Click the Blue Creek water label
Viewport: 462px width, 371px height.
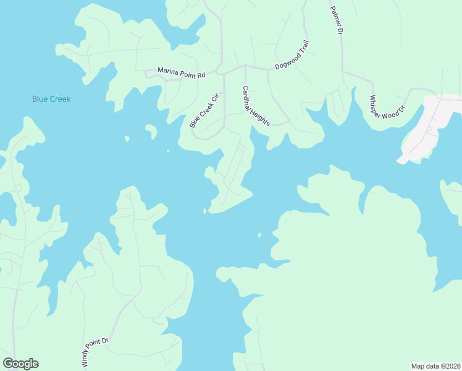(51, 99)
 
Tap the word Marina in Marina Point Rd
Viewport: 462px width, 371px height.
(167, 71)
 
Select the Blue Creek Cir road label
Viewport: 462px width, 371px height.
(204, 111)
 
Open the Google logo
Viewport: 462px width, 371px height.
(20, 364)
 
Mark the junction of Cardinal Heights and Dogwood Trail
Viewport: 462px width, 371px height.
(246, 66)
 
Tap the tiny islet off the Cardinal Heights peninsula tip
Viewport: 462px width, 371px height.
(204, 211)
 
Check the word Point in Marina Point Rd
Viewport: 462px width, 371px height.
(188, 73)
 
